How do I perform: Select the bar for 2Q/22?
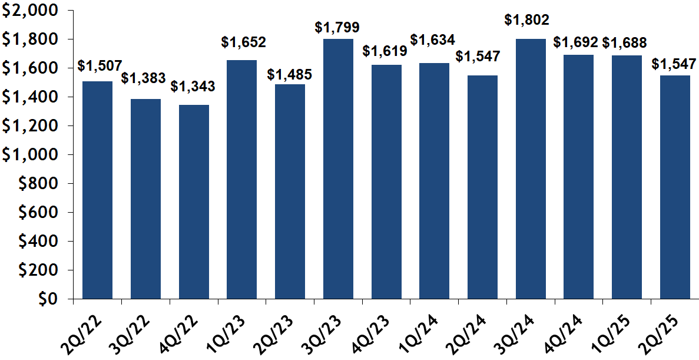click(x=97, y=190)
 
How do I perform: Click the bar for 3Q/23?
click(x=338, y=169)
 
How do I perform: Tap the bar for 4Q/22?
click(x=194, y=202)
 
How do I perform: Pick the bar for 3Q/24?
click(x=531, y=169)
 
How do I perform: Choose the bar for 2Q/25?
click(x=675, y=187)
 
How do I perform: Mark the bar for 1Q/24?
click(x=434, y=180)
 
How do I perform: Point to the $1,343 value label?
click(x=193, y=86)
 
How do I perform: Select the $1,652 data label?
click(x=244, y=42)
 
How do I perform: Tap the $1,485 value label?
click(x=290, y=75)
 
